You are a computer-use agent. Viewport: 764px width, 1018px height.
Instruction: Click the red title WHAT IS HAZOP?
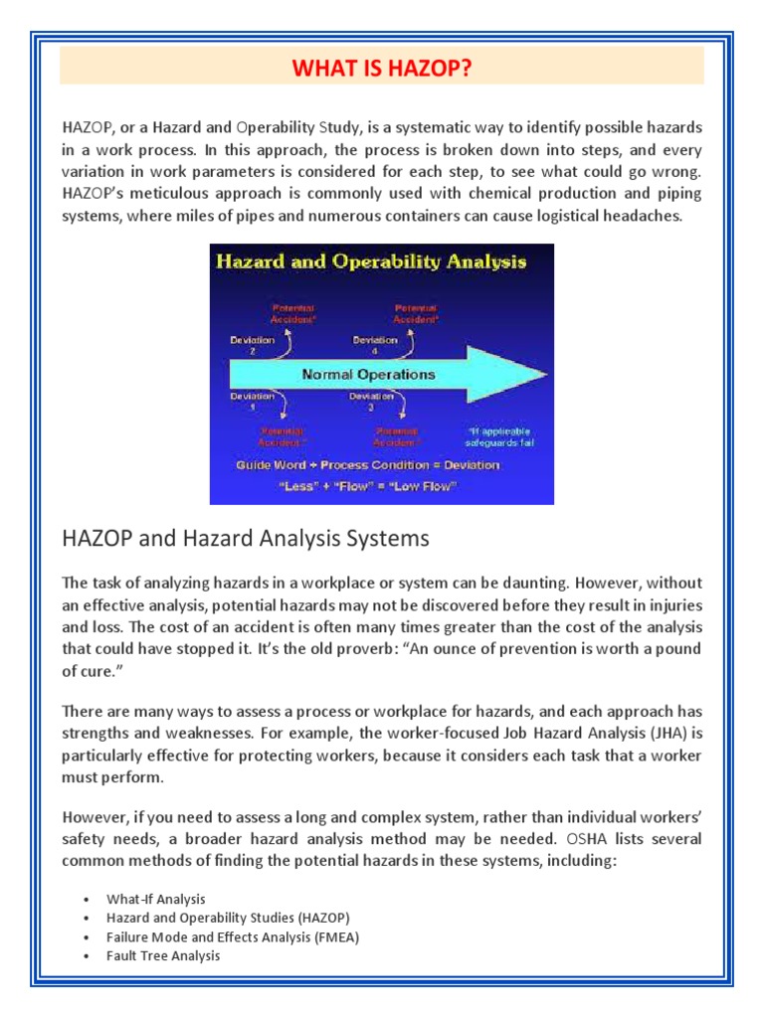[x=382, y=68]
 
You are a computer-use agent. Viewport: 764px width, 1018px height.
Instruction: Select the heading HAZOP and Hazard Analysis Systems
[x=246, y=538]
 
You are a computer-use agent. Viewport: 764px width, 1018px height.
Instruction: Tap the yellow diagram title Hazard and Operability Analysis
[x=369, y=262]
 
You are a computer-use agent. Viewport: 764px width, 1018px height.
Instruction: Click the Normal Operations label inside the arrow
[x=369, y=374]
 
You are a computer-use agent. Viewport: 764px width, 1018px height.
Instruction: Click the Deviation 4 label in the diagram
[x=375, y=344]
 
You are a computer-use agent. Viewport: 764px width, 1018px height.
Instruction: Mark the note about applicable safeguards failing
[x=500, y=437]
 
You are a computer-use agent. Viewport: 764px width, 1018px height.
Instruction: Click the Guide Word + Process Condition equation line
[x=368, y=464]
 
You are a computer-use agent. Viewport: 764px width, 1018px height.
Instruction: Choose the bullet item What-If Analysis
[x=156, y=899]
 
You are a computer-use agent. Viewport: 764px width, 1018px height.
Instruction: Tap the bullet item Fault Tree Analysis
[x=163, y=955]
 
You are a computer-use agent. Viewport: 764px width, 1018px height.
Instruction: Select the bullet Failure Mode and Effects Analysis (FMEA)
[x=233, y=936]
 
